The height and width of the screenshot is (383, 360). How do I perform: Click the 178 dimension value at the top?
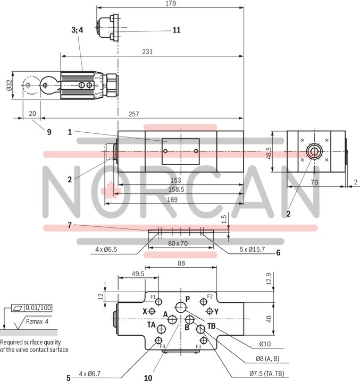(x=170, y=3)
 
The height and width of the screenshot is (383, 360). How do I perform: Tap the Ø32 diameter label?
(x=9, y=86)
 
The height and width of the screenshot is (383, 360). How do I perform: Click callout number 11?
(x=176, y=30)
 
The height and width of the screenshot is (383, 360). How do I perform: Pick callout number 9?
(x=49, y=132)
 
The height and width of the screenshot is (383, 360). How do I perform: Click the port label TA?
(x=152, y=325)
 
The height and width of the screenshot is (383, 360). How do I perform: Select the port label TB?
(x=211, y=326)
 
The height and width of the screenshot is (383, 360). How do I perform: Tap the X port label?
(x=145, y=311)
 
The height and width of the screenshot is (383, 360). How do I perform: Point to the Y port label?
(x=216, y=311)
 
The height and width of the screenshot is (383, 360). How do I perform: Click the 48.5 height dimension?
(x=269, y=153)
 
